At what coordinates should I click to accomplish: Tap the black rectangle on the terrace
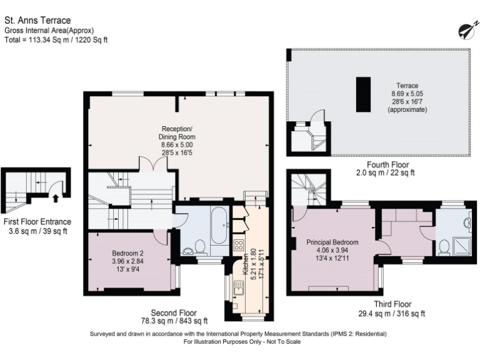click(x=362, y=94)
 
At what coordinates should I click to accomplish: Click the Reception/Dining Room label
click(x=177, y=141)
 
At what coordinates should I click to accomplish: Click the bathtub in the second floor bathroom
click(x=219, y=226)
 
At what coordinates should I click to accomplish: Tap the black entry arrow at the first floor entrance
click(x=56, y=199)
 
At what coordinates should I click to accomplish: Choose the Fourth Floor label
click(x=385, y=164)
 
